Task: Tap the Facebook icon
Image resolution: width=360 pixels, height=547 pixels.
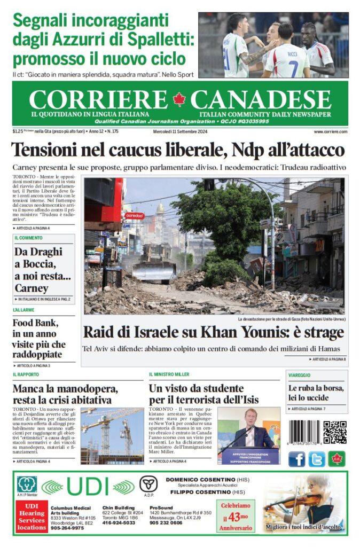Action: tap(297, 459)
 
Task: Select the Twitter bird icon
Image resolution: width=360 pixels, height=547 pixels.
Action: tap(317, 459)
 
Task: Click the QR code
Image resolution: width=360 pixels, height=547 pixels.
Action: tap(334, 433)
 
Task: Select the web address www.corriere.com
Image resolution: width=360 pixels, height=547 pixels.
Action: tap(331, 131)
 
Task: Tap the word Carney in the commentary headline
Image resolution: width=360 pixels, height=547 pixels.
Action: tap(32, 288)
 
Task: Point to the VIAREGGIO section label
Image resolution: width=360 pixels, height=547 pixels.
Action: tap(299, 375)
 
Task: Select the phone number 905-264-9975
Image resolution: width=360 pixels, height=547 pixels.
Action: tap(67, 528)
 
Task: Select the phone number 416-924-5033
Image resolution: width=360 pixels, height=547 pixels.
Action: tap(119, 523)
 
